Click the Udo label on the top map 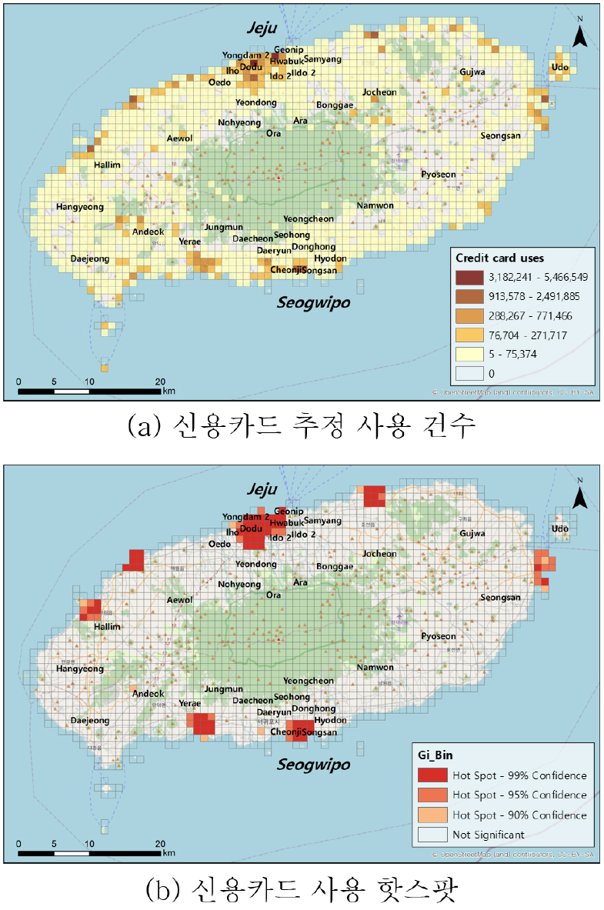click(560, 68)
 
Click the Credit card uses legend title click(499, 258)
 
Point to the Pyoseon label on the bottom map click(439, 636)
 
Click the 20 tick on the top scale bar click(160, 382)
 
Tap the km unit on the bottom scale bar click(169, 853)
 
